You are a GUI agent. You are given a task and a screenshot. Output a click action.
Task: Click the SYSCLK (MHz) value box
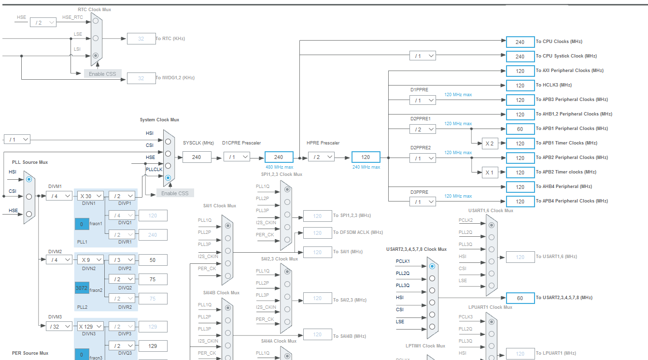197,157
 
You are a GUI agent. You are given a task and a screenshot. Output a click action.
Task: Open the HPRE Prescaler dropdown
321,157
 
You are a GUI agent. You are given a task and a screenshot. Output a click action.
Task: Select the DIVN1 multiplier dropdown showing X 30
90,196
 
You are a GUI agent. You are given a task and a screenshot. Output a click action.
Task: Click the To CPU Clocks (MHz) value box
520,42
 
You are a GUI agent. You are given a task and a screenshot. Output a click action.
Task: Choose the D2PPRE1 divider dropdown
423,129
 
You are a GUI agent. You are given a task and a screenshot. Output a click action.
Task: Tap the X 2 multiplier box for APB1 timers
490,143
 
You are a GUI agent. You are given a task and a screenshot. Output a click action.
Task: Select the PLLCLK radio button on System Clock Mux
168,178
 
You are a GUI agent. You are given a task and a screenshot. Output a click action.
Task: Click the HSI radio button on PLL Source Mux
29,179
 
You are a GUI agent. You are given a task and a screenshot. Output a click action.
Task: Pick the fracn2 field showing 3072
82,288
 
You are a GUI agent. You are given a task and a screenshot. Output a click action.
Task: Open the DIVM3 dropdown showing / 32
59,326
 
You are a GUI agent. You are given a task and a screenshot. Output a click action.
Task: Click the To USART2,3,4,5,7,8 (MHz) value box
520,298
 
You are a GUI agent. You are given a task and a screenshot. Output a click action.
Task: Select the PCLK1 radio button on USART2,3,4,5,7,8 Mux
432,266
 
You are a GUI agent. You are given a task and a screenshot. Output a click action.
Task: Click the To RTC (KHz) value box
141,39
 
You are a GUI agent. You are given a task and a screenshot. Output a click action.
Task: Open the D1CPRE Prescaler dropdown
237,157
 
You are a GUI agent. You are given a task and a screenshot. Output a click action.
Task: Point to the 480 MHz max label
279,167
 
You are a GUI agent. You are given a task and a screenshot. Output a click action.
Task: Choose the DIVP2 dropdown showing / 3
122,259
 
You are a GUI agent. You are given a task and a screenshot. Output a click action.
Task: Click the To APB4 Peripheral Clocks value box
520,202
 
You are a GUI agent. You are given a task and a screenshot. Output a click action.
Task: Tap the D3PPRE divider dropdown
423,202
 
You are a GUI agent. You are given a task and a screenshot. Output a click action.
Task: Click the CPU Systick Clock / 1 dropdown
423,56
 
